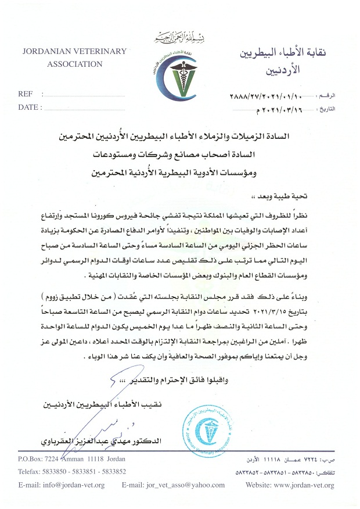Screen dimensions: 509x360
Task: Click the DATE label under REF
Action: pyautogui.click(x=29, y=107)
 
